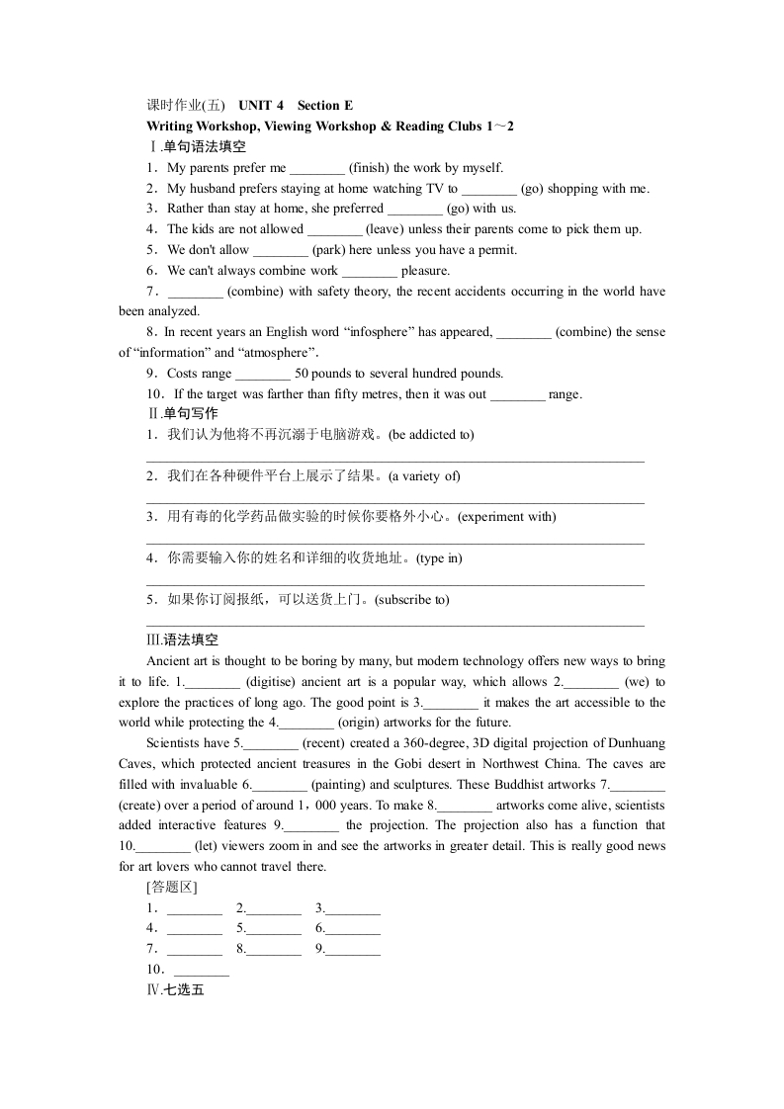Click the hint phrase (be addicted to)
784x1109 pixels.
pyautogui.click(x=432, y=435)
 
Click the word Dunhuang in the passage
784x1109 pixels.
pyautogui.click(x=638, y=743)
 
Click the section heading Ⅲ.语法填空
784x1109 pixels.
pyautogui.click(x=182, y=640)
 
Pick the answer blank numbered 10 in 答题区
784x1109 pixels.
pyautogui.click(x=201, y=970)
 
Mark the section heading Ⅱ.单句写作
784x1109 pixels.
pyautogui.click(x=182, y=414)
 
